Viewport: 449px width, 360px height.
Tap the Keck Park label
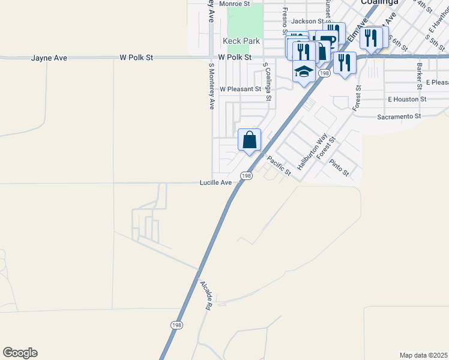tap(241, 41)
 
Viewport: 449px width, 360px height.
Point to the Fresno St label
tap(286, 21)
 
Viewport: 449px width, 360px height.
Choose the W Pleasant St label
tap(240, 89)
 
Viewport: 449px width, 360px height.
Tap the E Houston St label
tap(407, 99)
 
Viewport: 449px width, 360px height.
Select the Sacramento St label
tap(399, 116)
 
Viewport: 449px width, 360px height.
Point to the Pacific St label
tap(279, 166)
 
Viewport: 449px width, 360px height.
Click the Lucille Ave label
tap(215, 182)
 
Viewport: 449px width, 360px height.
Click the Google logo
tap(20, 353)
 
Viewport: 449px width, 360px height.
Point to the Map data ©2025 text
tap(423, 355)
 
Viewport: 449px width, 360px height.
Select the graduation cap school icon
tap(304, 72)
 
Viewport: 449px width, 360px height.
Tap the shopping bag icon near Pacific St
tap(250, 140)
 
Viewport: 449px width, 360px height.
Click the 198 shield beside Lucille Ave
tap(246, 175)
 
